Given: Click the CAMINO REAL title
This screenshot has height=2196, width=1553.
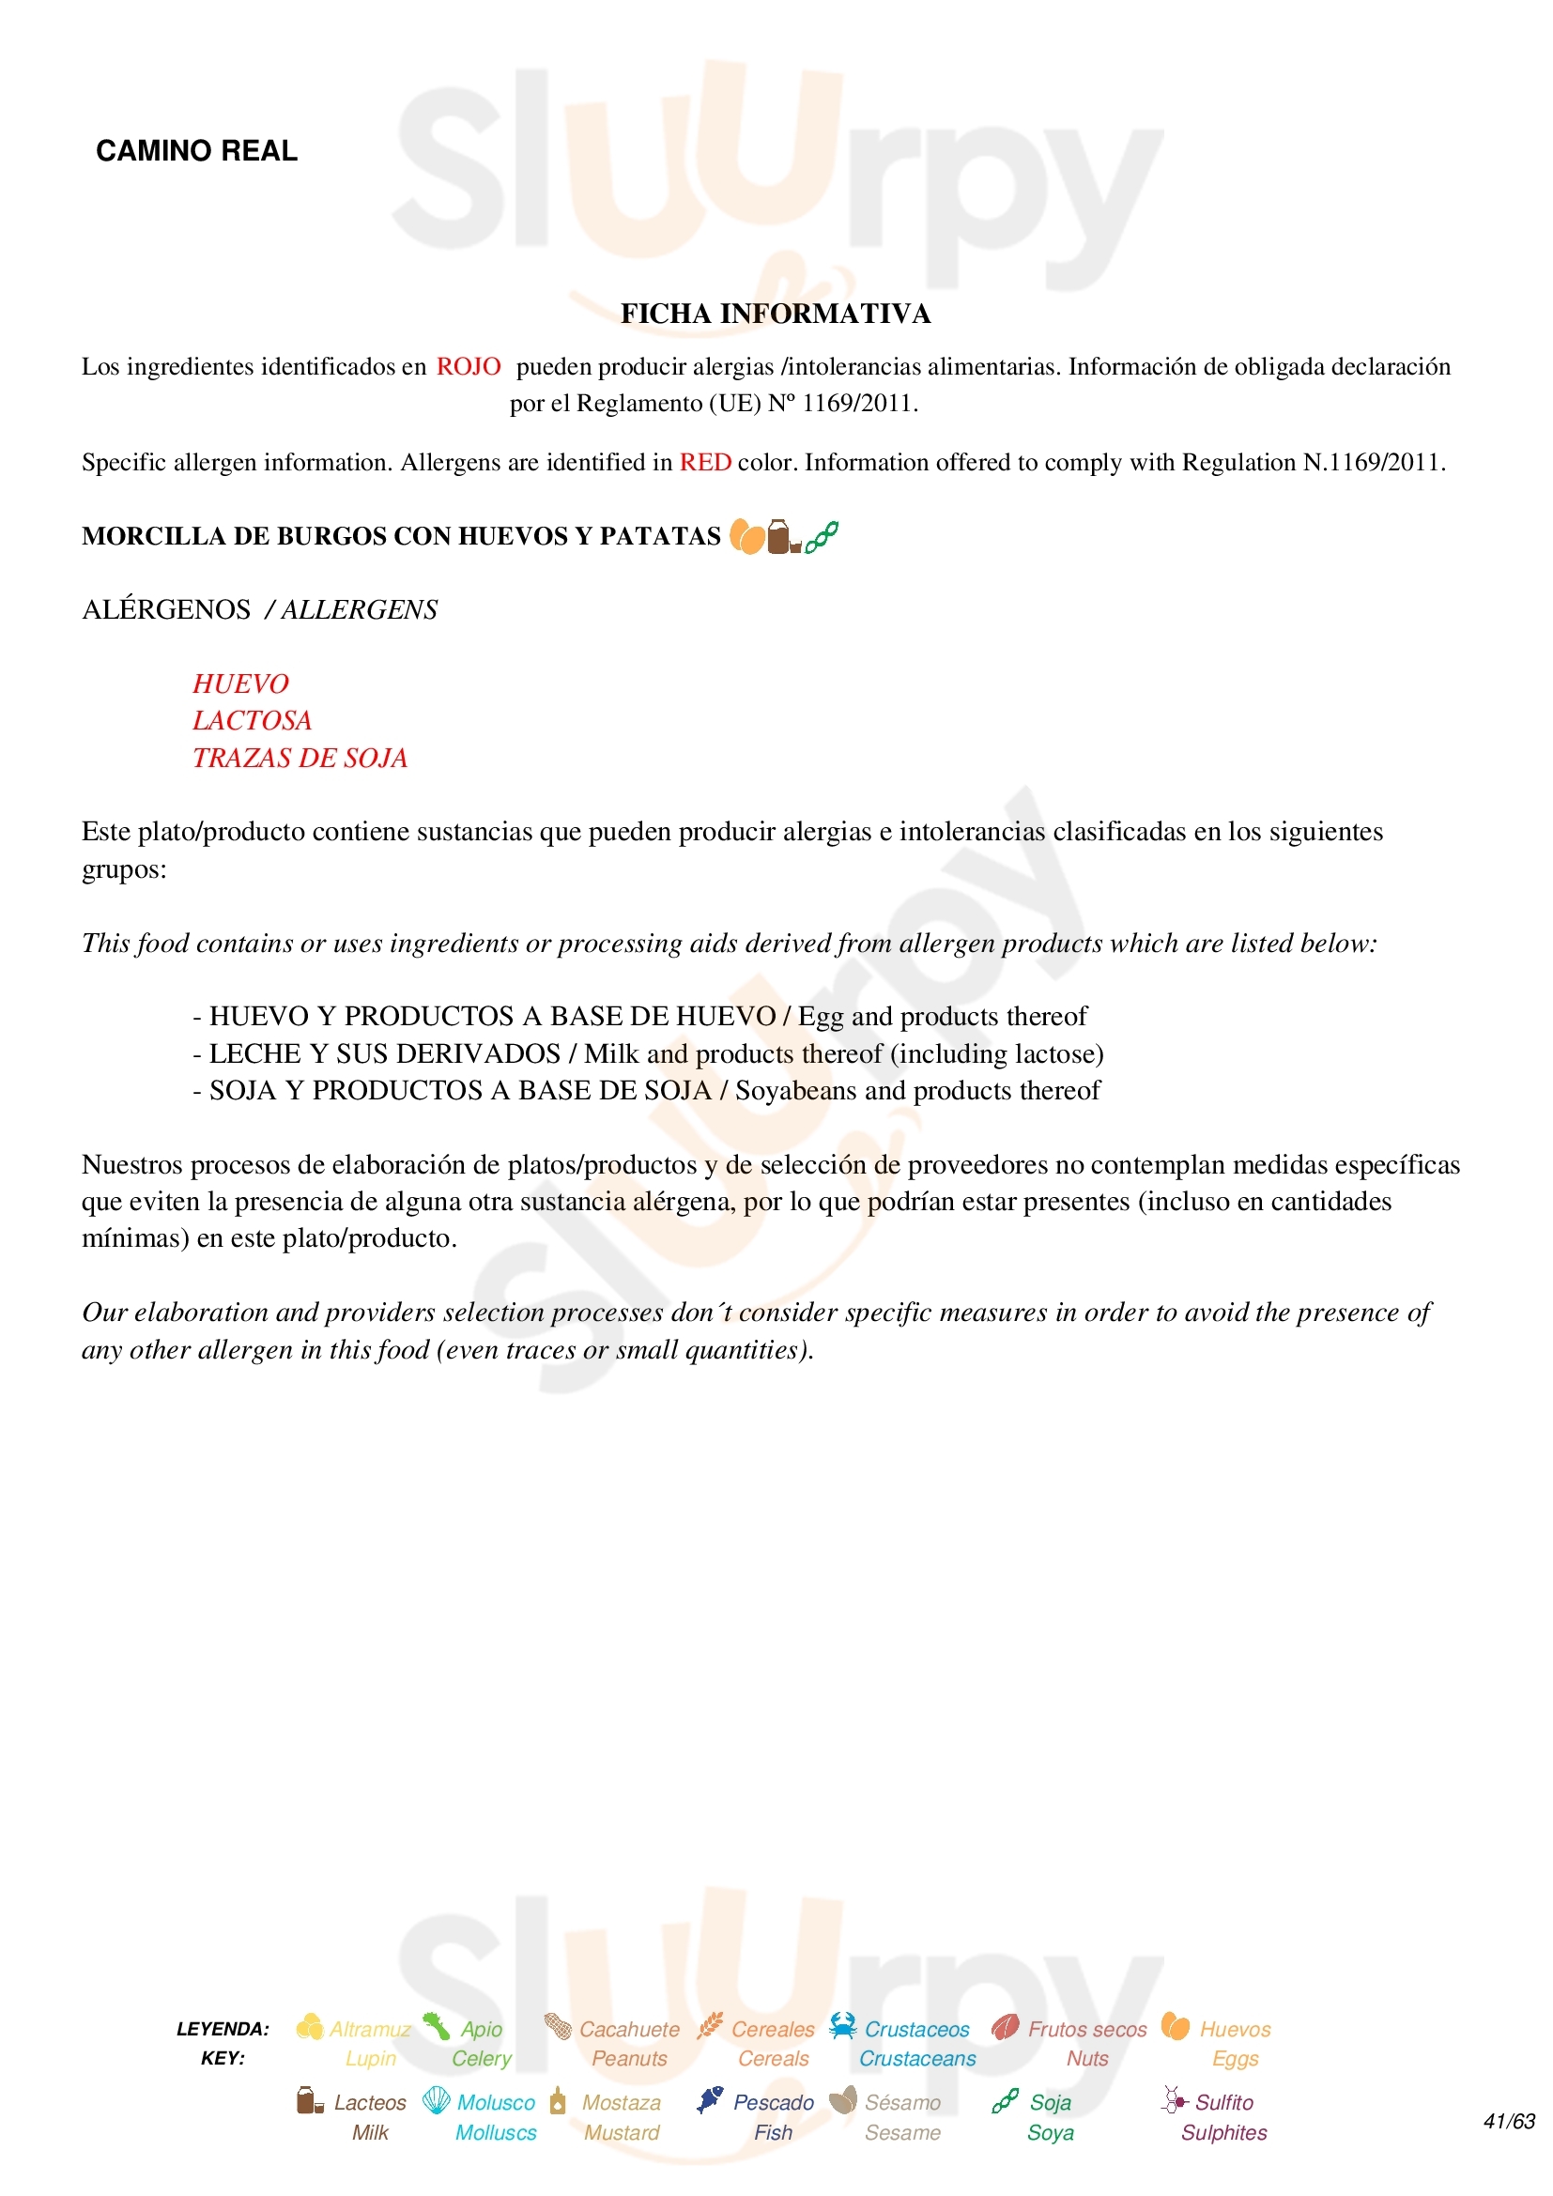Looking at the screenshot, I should click(x=196, y=151).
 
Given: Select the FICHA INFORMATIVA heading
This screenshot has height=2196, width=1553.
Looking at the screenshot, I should click(x=776, y=314).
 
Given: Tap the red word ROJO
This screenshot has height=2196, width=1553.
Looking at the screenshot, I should click(x=469, y=366).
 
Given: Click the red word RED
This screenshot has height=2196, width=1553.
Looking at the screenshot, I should click(x=706, y=463).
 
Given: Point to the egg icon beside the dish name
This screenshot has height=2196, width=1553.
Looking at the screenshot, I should click(x=746, y=537).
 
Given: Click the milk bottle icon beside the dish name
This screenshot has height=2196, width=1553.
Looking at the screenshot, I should click(x=782, y=537).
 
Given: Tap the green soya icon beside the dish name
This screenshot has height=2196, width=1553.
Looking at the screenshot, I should click(x=822, y=537).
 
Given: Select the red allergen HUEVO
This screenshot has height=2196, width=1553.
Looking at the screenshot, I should click(x=240, y=683).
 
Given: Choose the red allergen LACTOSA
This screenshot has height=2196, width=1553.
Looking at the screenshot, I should click(x=253, y=720).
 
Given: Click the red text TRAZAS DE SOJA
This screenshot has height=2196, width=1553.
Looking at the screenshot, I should click(x=300, y=758).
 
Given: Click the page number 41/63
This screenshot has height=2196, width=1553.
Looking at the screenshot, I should click(x=1508, y=2122).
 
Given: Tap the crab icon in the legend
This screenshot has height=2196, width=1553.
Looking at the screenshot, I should click(x=842, y=2026).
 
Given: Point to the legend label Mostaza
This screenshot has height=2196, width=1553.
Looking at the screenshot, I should click(x=622, y=2102).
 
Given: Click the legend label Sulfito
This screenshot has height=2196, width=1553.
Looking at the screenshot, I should click(x=1224, y=2102).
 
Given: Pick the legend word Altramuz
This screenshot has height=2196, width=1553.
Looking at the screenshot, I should click(x=370, y=2029).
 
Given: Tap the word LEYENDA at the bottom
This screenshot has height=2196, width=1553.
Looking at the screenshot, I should click(x=223, y=2029).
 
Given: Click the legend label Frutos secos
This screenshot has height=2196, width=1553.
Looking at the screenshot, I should click(x=1087, y=2029).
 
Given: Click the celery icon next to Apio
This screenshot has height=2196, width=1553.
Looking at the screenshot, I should click(x=437, y=2026).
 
